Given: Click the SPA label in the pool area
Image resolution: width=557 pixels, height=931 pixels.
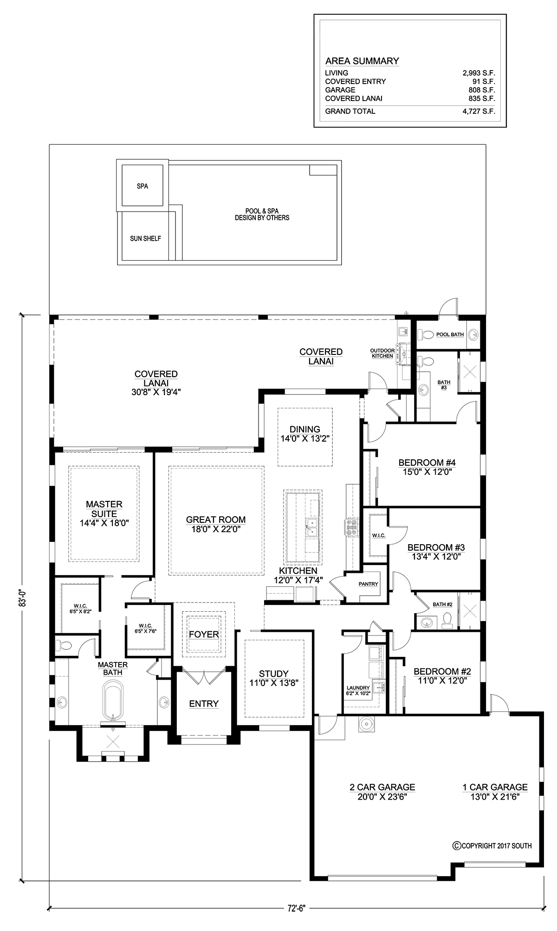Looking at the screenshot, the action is coord(142,186).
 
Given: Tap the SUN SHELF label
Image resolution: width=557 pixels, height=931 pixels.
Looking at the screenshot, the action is coord(145,238).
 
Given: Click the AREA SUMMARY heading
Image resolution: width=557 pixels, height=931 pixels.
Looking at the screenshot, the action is coord(362,61).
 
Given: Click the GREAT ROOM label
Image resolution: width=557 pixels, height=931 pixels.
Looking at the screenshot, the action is coord(216,520).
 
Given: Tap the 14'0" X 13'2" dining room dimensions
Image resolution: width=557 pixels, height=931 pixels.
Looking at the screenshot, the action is coord(305,438).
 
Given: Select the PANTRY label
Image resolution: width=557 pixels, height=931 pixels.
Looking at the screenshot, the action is coord(369,584).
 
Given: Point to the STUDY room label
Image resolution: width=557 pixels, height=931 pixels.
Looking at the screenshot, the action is coord(274,673).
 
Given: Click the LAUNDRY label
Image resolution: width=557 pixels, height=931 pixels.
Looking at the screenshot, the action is coord(358,688).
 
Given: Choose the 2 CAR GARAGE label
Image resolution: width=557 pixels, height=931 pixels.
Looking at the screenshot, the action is coord(382,787).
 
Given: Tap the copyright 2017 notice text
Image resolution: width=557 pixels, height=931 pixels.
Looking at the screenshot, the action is coord(492,846).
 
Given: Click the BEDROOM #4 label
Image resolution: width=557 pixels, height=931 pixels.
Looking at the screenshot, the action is coord(427,462).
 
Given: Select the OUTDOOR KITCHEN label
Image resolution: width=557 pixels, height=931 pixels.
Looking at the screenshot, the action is coord(382,353).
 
